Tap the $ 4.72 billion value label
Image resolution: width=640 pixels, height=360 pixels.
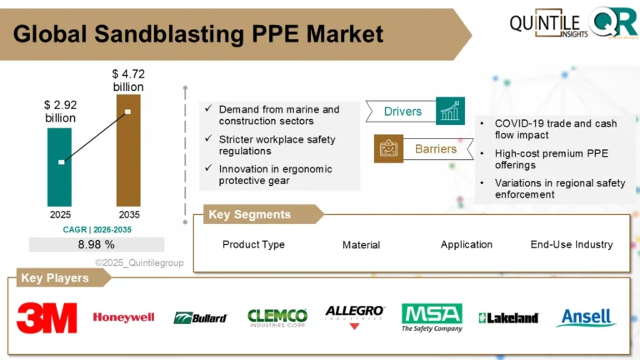(127, 80)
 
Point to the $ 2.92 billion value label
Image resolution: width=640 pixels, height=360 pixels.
(59, 112)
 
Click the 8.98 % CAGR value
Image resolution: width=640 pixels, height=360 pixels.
(96, 244)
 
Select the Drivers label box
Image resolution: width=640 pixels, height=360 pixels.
(402, 112)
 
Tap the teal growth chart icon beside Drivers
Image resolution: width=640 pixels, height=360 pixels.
(450, 111)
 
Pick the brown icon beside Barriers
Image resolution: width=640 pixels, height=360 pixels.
(387, 149)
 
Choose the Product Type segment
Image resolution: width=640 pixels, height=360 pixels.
(253, 245)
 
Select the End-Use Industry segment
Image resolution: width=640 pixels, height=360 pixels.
(571, 245)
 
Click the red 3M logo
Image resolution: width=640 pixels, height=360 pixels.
(47, 317)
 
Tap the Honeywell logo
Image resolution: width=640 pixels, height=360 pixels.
(123, 317)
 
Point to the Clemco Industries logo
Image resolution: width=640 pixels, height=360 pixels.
(277, 317)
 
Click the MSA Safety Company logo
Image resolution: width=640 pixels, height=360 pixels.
(431, 317)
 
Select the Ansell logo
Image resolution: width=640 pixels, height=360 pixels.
(587, 317)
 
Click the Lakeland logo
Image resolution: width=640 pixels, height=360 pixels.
(508, 318)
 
